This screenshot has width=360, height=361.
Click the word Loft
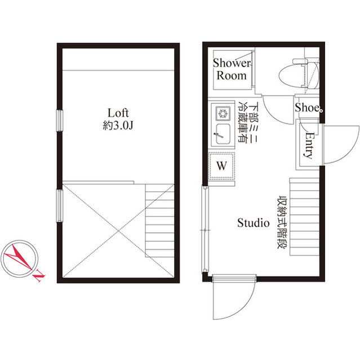[x=118, y=113]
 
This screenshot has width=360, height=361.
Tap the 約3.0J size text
[x=118, y=126]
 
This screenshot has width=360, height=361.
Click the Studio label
[x=254, y=223]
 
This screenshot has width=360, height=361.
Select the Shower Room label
[x=232, y=69]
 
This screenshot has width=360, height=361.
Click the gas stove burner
[x=223, y=113]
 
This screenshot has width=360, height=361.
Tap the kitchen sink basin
[x=223, y=134]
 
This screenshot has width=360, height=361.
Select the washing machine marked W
[x=221, y=166]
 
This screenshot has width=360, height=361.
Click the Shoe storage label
[x=307, y=108]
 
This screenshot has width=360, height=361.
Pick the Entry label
[x=309, y=145]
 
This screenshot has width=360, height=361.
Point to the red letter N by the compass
[x=39, y=275]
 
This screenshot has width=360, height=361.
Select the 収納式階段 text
[x=282, y=222]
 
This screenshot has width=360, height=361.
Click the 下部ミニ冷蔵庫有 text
[x=248, y=122]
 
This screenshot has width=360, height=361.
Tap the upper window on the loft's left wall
[x=60, y=121]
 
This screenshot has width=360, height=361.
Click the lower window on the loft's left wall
[x=60, y=205]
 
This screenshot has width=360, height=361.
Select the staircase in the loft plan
[x=159, y=221]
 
